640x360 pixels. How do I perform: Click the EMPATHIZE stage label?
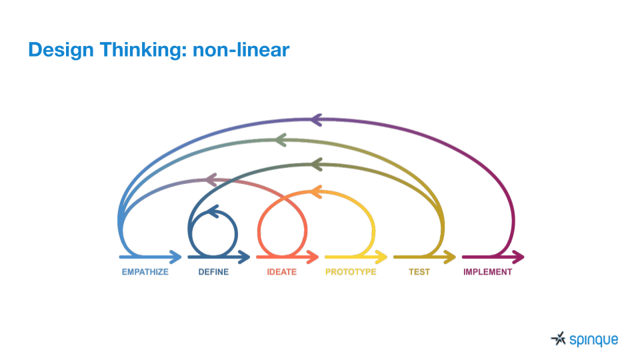pyautogui.click(x=145, y=272)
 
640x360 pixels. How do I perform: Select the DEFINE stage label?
pyautogui.click(x=213, y=272)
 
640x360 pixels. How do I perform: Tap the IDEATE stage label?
pyautogui.click(x=281, y=272)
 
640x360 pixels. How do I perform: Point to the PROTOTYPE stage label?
pyautogui.click(x=351, y=272)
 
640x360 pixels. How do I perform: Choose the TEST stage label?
pyautogui.click(x=419, y=272)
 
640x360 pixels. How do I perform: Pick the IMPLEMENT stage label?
pyautogui.click(x=487, y=272)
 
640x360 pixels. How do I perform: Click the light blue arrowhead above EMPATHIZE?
pyautogui.click(x=176, y=257)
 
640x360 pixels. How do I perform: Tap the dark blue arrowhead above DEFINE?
pyautogui.click(x=245, y=257)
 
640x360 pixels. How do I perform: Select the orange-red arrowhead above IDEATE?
pyautogui.click(x=313, y=257)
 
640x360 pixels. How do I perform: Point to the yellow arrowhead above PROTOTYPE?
pyautogui.click(x=381, y=257)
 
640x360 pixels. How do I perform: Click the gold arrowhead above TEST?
pyautogui.click(x=450, y=257)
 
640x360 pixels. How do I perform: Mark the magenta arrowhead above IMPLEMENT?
pyautogui.click(x=519, y=257)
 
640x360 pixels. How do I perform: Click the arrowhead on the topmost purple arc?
pyautogui.click(x=316, y=120)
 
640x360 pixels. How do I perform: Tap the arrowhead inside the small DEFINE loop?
pyautogui.click(x=213, y=211)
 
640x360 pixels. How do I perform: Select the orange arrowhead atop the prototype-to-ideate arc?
pyautogui.click(x=316, y=191)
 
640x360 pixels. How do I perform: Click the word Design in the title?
pyautogui.click(x=61, y=50)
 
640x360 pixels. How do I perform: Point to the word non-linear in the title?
pyautogui.click(x=241, y=50)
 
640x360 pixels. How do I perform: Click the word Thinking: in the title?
pyautogui.click(x=143, y=50)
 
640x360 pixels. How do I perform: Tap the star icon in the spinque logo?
pyautogui.click(x=559, y=339)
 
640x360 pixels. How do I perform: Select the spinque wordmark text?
pyautogui.click(x=594, y=340)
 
